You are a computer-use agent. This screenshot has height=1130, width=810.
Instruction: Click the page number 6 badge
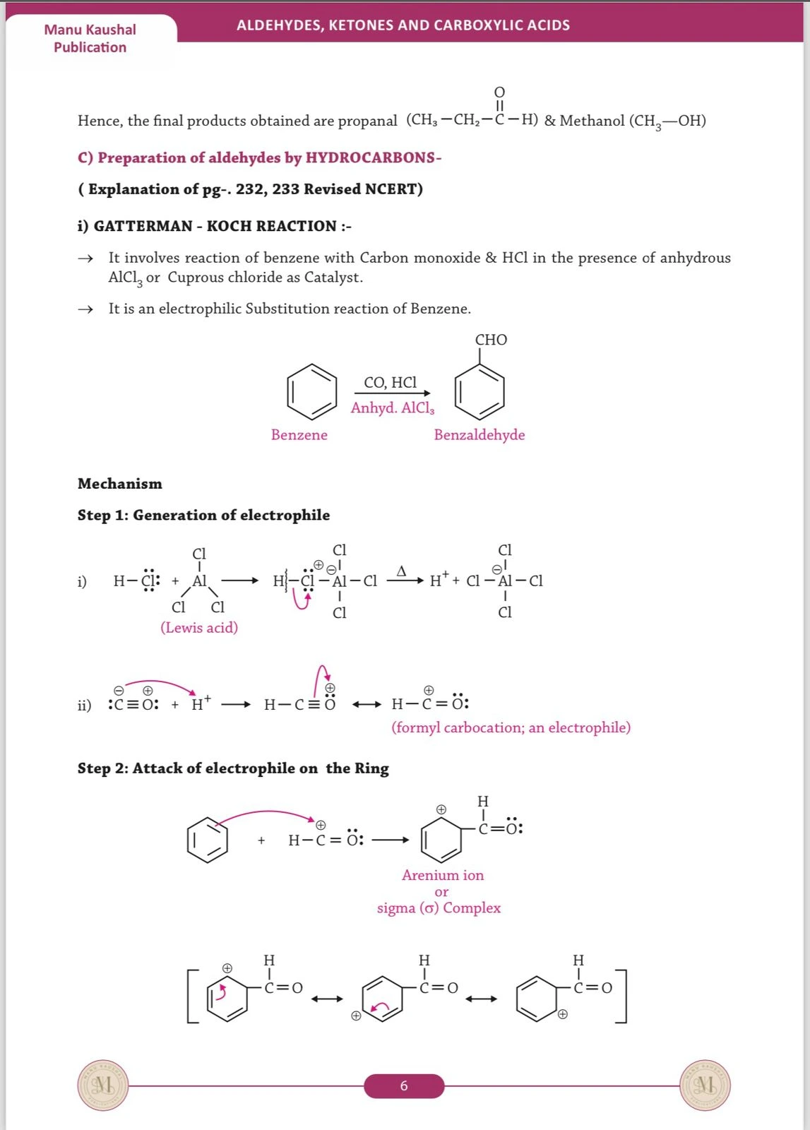pyautogui.click(x=404, y=1086)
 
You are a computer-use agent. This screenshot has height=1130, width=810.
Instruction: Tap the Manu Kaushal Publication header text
pyautogui.click(x=90, y=38)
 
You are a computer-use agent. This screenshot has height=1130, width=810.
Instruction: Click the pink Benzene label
pyautogui.click(x=299, y=434)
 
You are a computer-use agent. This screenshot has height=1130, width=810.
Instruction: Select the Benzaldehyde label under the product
pyautogui.click(x=479, y=434)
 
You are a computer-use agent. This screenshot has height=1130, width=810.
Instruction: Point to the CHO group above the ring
pyautogui.click(x=491, y=340)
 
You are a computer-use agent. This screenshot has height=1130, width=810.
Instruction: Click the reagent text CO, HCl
pyautogui.click(x=390, y=382)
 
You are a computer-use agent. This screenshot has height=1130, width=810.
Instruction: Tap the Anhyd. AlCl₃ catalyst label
pyautogui.click(x=393, y=408)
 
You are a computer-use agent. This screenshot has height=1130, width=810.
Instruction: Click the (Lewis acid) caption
pyautogui.click(x=199, y=627)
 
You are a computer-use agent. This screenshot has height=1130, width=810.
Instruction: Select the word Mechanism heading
pyautogui.click(x=120, y=484)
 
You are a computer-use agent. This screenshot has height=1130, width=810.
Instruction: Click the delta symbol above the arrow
pyautogui.click(x=401, y=571)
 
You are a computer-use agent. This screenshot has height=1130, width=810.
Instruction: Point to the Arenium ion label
pyautogui.click(x=443, y=875)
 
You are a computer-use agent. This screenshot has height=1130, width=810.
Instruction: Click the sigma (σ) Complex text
pyautogui.click(x=439, y=908)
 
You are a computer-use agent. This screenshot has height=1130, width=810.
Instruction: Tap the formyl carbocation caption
pyautogui.click(x=511, y=727)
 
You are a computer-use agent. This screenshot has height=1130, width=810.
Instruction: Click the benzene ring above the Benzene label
pyautogui.click(x=312, y=391)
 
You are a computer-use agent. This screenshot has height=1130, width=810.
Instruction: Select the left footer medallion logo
pyautogui.click(x=103, y=1085)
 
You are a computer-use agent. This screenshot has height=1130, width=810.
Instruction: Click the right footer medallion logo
pyautogui.click(x=705, y=1085)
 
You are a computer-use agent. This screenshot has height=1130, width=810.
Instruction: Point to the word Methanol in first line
pyautogui.click(x=592, y=121)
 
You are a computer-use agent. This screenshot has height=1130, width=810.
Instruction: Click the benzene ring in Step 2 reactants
pyautogui.click(x=208, y=840)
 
